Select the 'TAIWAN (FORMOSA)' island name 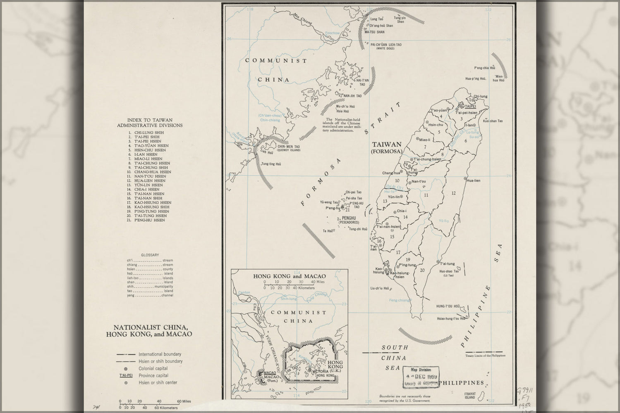click(387, 148)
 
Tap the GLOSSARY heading click(150, 255)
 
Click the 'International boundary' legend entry click(160, 354)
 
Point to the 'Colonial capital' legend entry click(153, 368)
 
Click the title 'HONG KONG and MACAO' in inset click(289, 276)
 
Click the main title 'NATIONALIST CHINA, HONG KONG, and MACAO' click(149, 330)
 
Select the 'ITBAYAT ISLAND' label click(469, 396)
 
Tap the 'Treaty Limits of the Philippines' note click(485, 355)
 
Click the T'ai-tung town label click(447, 263)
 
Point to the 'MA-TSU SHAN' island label click(374, 32)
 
